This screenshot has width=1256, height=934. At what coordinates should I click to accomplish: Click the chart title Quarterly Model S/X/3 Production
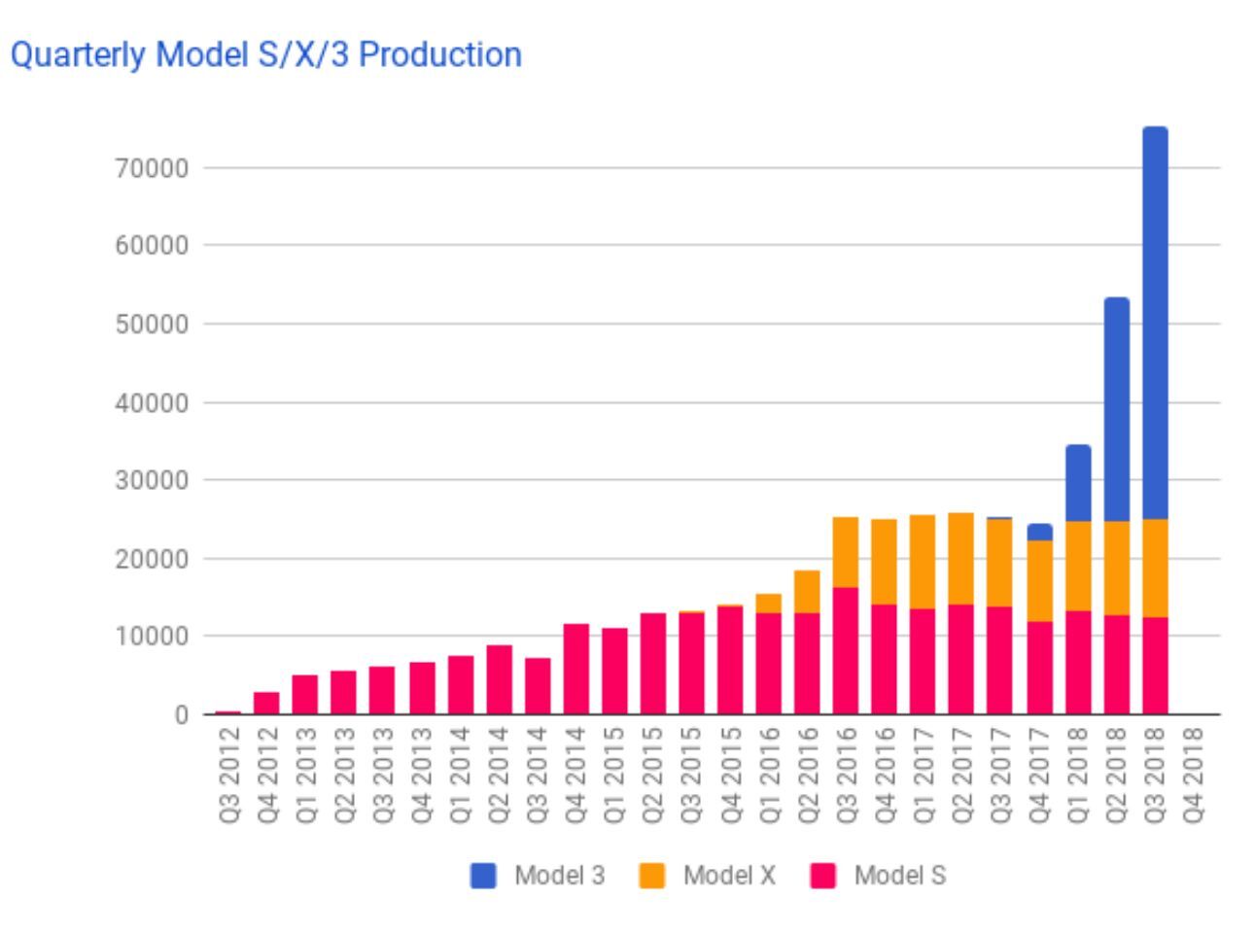pos(265,54)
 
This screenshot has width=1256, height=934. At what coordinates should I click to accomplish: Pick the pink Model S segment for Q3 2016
pos(845,651)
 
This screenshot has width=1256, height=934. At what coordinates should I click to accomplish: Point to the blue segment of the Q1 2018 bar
pos(1078,483)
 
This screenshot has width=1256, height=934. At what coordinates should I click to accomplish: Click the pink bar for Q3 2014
pos(538,686)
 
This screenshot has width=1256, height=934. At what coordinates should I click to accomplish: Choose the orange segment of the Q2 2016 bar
pos(807,592)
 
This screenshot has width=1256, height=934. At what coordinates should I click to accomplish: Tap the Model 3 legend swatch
pos(483,876)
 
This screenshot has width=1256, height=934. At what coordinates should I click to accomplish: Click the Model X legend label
pos(729,876)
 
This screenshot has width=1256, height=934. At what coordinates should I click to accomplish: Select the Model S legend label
pos(899,876)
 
